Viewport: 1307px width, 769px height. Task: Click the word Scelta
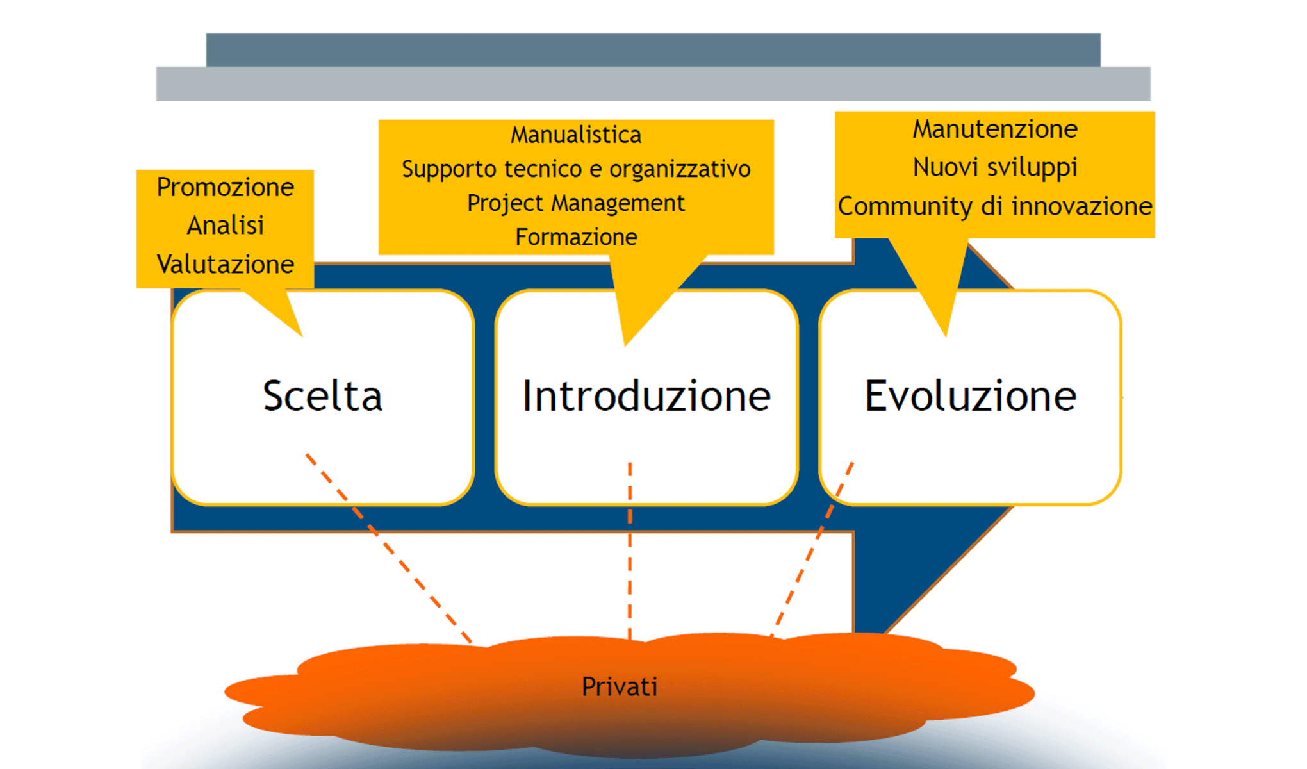click(x=322, y=396)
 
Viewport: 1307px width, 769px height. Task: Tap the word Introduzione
click(x=646, y=396)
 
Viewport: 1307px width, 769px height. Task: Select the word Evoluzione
click(x=970, y=396)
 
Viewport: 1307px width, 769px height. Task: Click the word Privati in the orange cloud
click(x=619, y=686)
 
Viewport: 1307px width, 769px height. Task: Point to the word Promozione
click(x=225, y=187)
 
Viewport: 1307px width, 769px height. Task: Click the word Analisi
click(x=225, y=226)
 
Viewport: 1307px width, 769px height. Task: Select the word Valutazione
click(x=225, y=264)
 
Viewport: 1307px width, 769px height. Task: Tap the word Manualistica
click(x=575, y=135)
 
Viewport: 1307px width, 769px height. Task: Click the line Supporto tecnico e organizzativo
click(x=575, y=169)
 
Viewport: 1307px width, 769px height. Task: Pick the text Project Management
click(x=575, y=203)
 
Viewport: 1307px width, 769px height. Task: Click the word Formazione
click(x=575, y=237)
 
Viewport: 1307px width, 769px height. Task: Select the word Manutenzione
click(x=994, y=129)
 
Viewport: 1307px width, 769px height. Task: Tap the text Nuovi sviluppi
click(x=994, y=167)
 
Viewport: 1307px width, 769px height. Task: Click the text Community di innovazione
click(x=994, y=206)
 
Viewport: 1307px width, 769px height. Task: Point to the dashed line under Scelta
click(x=388, y=548)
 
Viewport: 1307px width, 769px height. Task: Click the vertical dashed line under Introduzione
click(x=630, y=551)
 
